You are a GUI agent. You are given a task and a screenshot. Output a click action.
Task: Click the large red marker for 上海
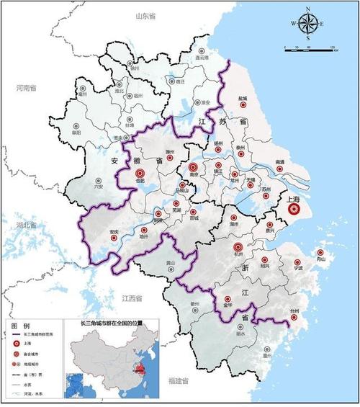[x=293, y=210]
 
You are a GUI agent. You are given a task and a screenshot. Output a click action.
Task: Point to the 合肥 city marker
[x=140, y=172]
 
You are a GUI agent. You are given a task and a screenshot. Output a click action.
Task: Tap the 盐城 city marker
[x=243, y=107]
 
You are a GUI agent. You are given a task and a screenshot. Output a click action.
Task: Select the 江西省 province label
[x=134, y=298]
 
